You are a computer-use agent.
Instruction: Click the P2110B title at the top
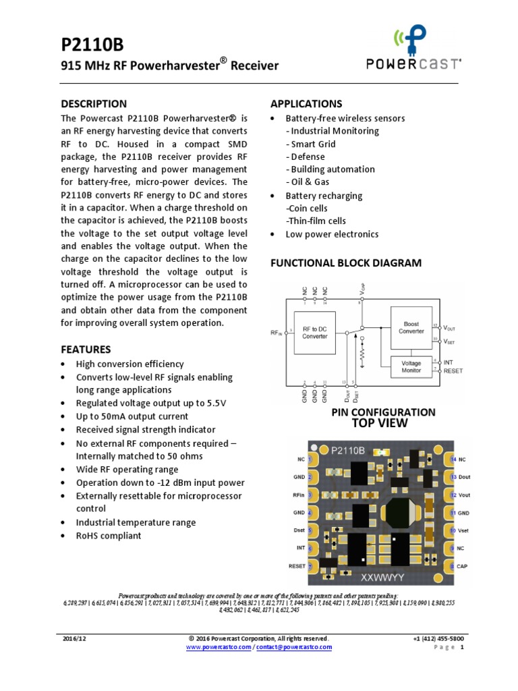[x=92, y=45]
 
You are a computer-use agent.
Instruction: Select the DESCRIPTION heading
[x=94, y=104]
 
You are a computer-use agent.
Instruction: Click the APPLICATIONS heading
[x=306, y=104]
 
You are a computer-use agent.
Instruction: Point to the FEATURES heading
[x=86, y=350]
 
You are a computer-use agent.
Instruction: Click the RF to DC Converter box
[x=314, y=332]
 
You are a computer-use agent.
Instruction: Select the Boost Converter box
[x=411, y=327]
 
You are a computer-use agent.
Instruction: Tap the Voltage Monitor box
[x=411, y=366]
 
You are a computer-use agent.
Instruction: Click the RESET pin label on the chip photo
[x=297, y=566]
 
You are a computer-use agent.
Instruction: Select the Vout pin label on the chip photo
[x=465, y=495]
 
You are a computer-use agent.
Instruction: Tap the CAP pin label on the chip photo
[x=462, y=566]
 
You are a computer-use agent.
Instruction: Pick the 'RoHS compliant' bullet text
[x=109, y=536]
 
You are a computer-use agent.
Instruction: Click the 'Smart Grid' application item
[x=311, y=144]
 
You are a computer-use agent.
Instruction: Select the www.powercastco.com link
[x=219, y=647]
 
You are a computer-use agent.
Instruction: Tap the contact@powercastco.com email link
[x=294, y=647]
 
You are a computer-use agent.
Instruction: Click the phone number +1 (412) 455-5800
[x=438, y=638]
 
